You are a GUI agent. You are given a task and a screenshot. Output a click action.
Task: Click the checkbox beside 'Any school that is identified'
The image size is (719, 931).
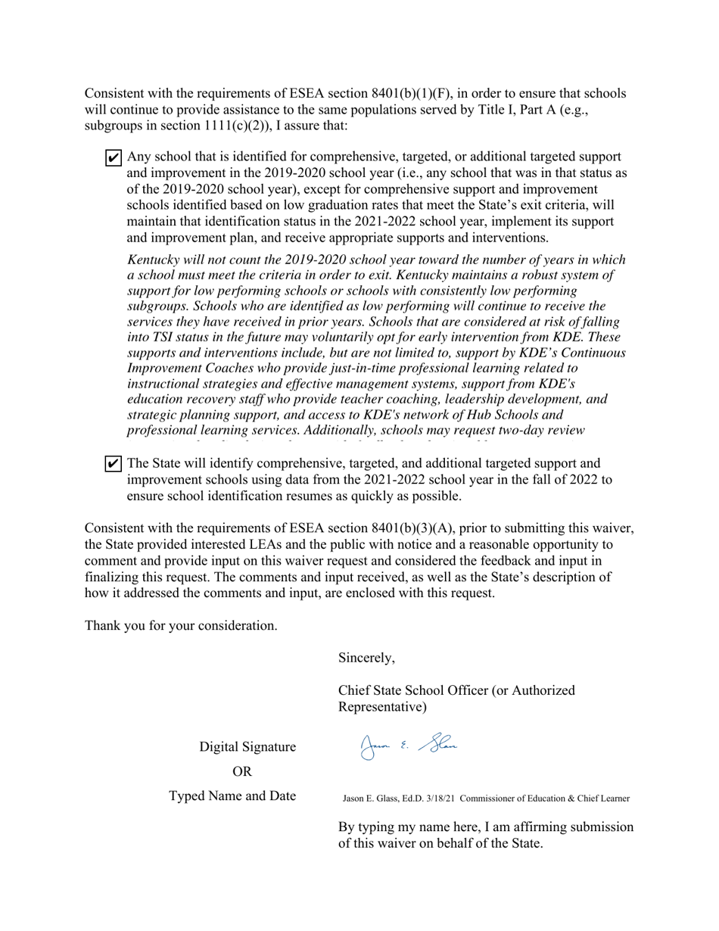point(113,158)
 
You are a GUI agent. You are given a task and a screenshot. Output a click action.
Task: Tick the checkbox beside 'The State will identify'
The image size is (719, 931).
point(113,464)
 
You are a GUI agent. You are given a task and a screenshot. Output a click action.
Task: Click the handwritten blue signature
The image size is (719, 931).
point(409,746)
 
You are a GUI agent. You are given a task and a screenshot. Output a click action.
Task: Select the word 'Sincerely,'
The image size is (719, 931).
point(366,658)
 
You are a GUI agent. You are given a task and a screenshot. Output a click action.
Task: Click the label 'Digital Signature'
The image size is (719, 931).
point(247,747)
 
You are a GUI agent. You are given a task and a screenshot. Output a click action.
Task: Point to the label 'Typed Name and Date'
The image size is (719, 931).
point(232,796)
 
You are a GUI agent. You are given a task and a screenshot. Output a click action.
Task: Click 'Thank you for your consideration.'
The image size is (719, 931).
point(180,626)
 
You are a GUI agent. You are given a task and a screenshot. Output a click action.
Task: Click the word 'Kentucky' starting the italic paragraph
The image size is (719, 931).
point(155,260)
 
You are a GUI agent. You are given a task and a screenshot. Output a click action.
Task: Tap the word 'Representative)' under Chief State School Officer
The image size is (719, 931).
point(382,707)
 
